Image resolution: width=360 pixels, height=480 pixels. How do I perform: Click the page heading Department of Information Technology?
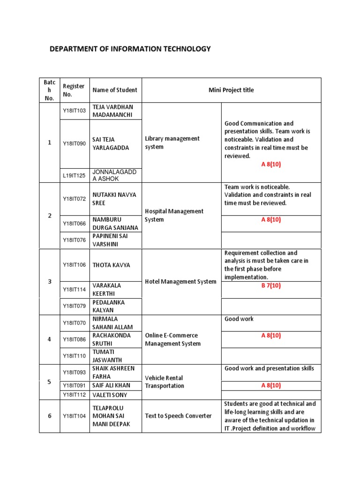130,49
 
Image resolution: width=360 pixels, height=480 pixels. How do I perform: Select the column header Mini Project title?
231,90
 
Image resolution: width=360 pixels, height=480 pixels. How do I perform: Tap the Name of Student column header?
115,90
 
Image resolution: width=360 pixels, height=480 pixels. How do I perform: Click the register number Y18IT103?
75,111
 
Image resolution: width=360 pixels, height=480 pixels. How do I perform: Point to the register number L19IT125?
75,175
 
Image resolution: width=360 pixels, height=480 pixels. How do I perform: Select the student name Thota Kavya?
111,265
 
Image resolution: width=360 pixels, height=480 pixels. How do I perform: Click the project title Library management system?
172,142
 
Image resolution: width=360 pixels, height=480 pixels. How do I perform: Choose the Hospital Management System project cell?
174,215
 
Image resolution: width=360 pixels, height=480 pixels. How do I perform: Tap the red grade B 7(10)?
271,285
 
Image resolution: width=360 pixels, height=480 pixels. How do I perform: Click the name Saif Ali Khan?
112,385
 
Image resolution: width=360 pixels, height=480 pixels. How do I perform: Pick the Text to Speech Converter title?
178,416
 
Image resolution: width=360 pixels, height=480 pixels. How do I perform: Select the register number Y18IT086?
75,339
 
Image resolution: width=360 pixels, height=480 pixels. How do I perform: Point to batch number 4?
49,339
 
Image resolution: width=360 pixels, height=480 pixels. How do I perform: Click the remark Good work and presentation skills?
269,368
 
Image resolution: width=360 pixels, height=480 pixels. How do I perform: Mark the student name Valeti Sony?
110,395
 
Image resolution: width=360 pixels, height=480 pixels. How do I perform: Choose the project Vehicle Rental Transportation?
165,382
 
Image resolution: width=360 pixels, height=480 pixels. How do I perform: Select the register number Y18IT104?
75,416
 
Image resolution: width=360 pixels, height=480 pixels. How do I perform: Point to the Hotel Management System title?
180,282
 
